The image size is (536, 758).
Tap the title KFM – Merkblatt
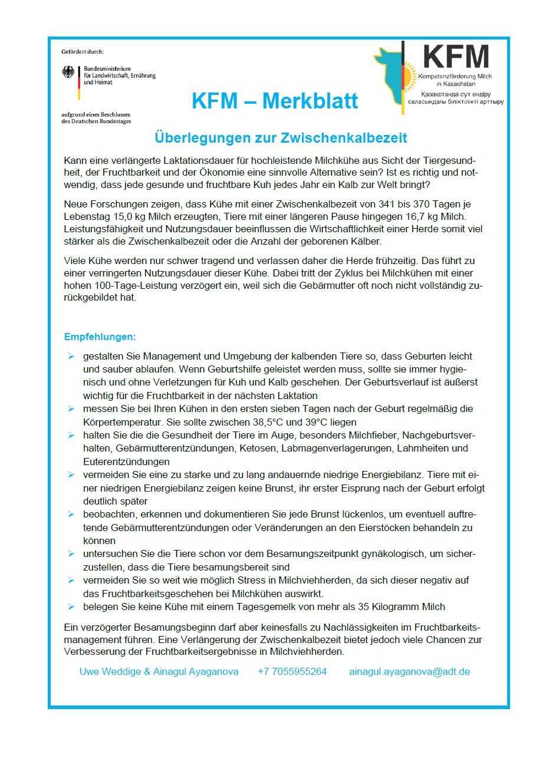click(275, 101)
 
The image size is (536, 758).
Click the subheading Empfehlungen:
click(100, 337)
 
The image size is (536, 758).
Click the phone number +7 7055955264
click(292, 671)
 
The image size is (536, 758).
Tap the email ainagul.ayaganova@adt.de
click(409, 671)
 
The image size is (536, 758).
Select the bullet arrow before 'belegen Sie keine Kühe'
click(71, 607)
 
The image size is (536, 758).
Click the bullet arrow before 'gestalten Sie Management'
click(71, 357)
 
